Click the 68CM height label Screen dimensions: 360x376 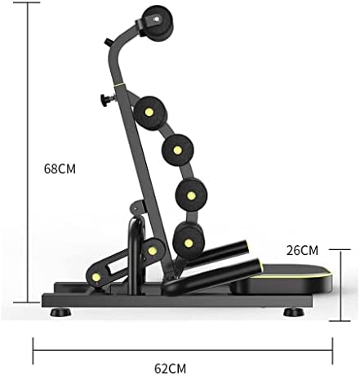click(x=60, y=169)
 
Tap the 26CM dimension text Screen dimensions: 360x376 click(x=302, y=251)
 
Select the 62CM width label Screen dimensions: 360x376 click(x=171, y=369)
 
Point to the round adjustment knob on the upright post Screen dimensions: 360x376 click(x=105, y=100)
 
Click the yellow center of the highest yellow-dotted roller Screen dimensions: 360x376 click(x=149, y=112)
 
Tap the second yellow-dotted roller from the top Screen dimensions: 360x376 click(x=177, y=150)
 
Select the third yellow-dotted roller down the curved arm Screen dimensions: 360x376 click(x=191, y=195)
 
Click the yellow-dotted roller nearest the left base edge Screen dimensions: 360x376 click(x=96, y=277)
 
